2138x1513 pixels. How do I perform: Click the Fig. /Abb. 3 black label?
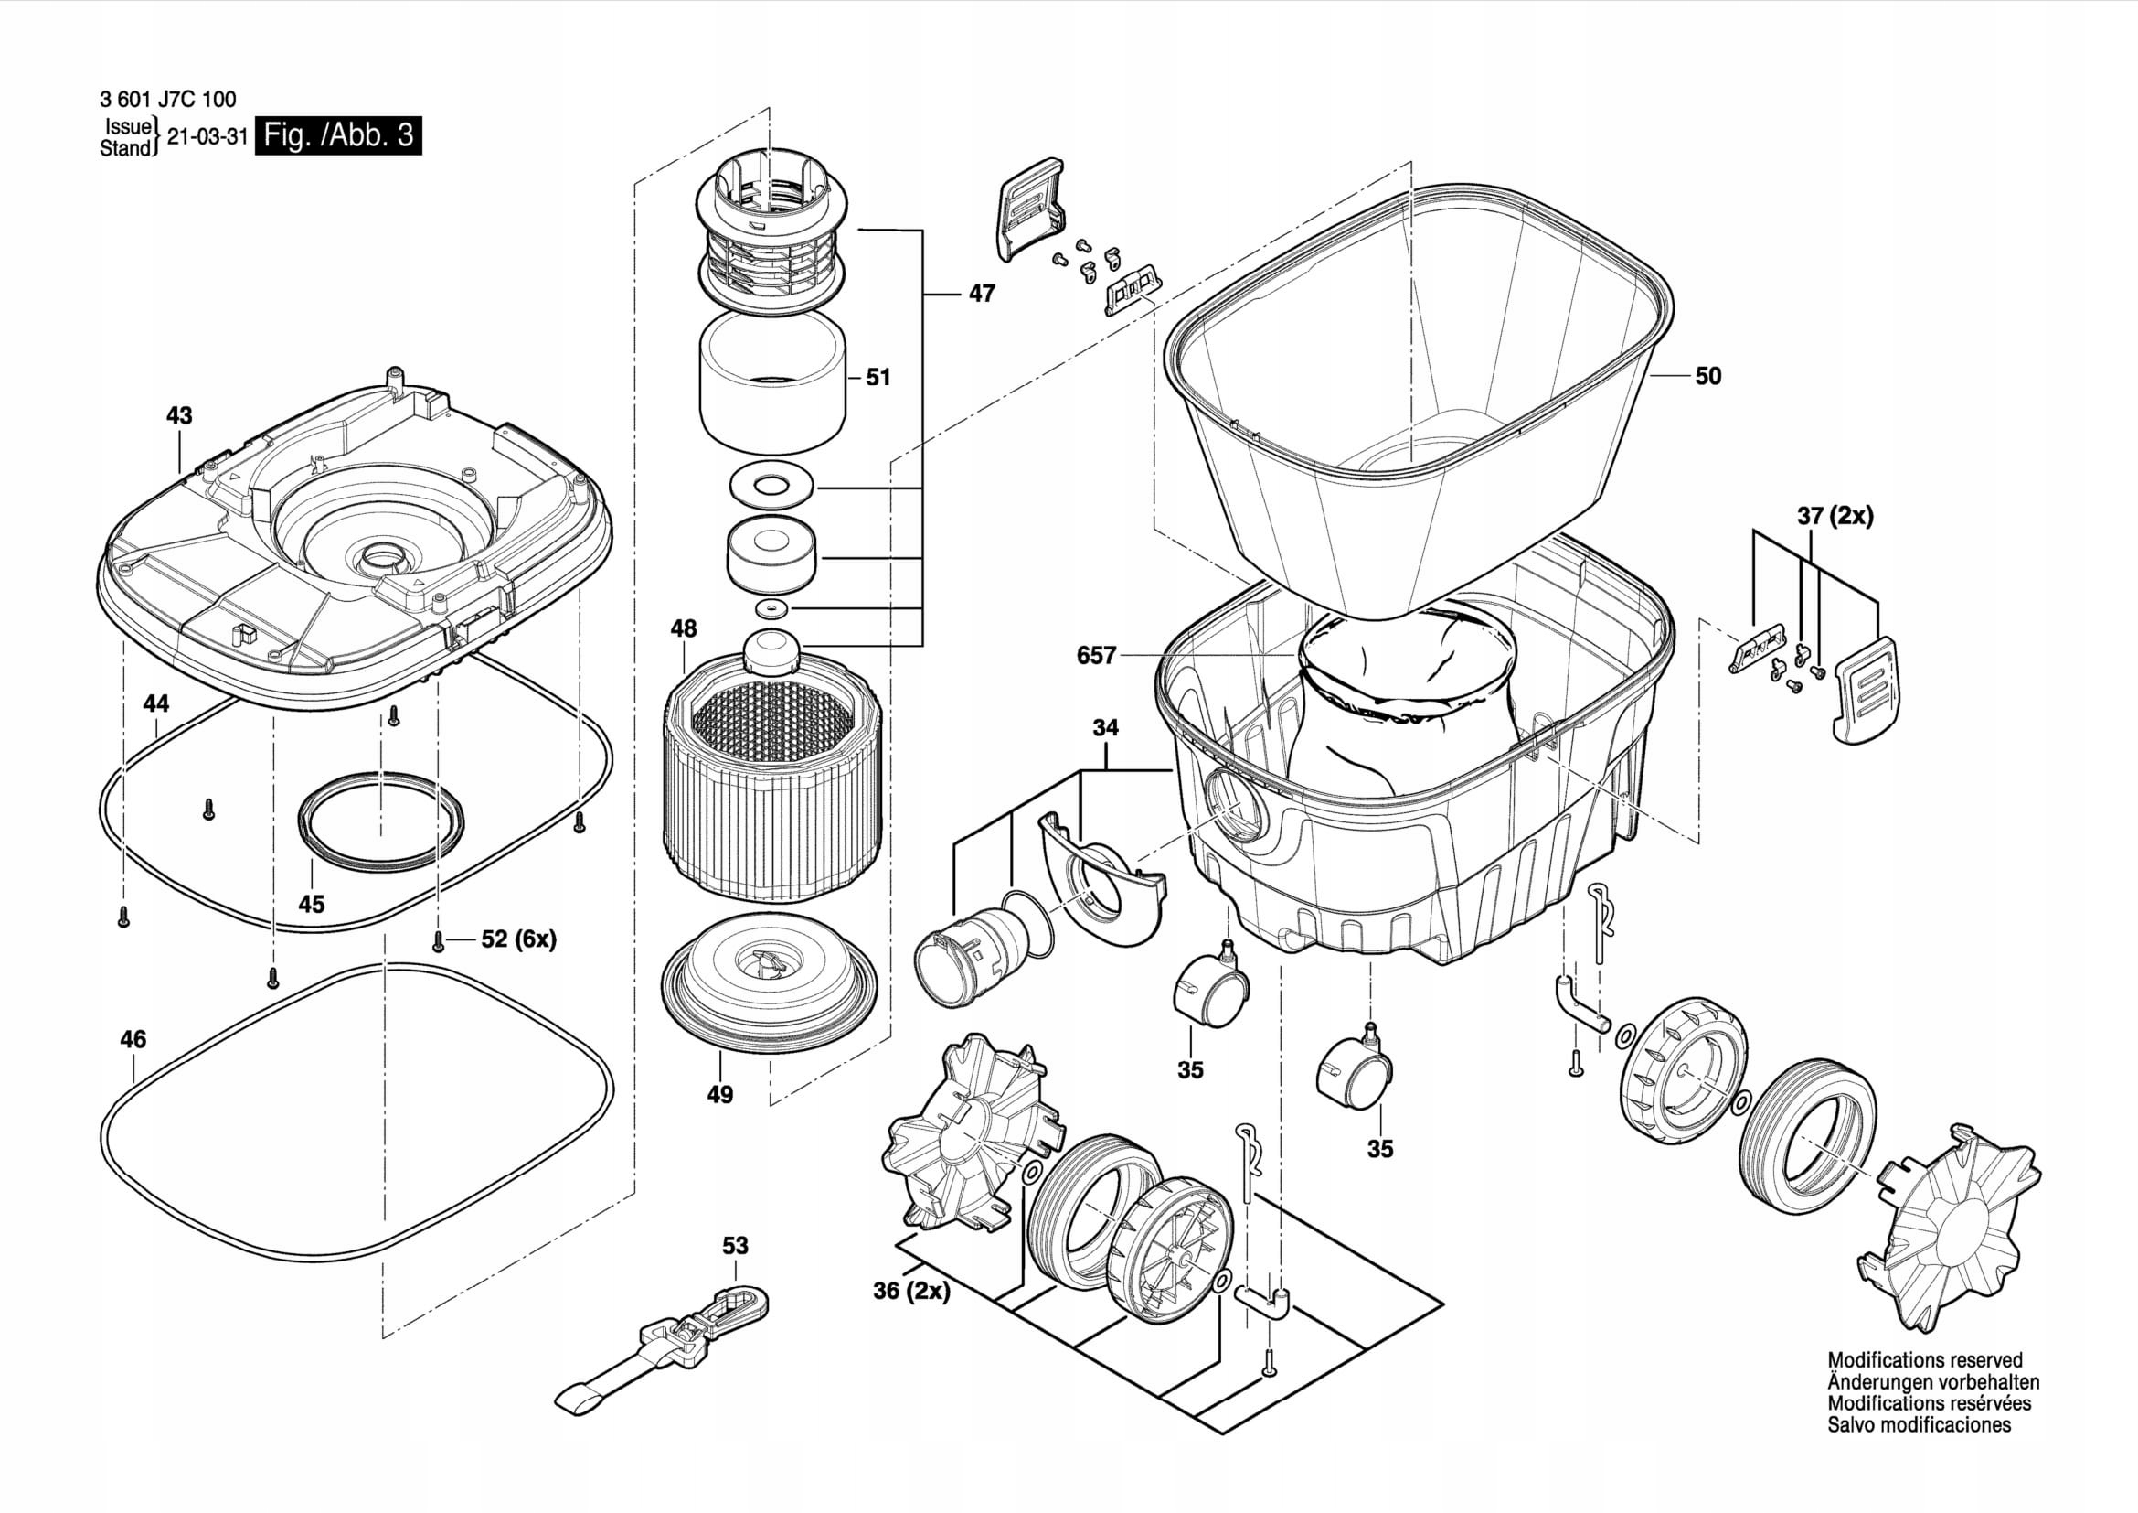[338, 135]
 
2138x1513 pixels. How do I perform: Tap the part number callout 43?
[179, 415]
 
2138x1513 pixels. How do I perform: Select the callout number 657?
[1096, 656]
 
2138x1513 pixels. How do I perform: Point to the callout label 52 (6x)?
[518, 940]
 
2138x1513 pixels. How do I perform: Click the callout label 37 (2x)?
[1835, 515]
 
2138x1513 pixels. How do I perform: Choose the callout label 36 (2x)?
[911, 1292]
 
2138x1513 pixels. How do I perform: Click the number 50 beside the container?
[1707, 376]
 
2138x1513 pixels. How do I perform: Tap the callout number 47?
[982, 294]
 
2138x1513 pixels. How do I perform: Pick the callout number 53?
[735, 1246]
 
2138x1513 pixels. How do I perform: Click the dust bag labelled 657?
[1397, 699]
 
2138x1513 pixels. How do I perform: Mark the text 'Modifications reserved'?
[1925, 1361]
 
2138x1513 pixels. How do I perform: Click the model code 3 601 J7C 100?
[167, 100]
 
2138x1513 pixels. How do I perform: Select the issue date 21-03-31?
[207, 137]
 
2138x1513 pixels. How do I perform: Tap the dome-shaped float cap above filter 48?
[772, 651]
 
